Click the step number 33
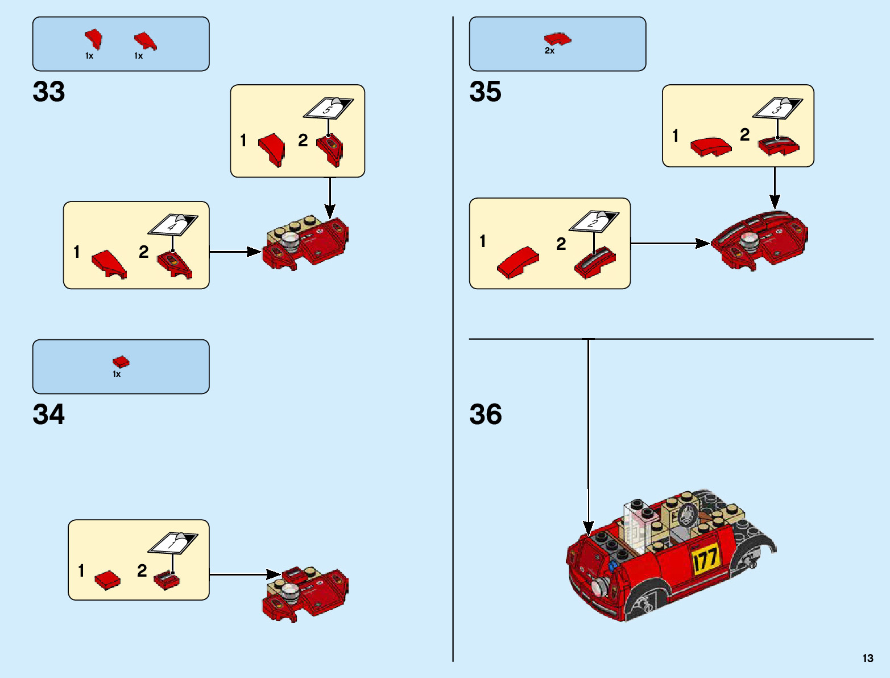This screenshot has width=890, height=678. click(49, 92)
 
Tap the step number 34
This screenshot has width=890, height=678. click(49, 414)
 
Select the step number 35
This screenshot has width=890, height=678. click(485, 92)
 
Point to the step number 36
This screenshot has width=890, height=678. click(485, 414)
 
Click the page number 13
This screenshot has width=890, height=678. click(867, 658)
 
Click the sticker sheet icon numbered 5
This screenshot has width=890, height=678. click(328, 108)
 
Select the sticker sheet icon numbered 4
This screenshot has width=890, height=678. click(173, 224)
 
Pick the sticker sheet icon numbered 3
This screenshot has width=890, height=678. click(777, 108)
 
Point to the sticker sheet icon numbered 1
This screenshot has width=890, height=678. click(173, 543)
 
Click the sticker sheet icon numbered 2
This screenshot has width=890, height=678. click(594, 221)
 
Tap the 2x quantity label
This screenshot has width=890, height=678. click(549, 51)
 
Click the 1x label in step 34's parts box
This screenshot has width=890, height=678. click(117, 374)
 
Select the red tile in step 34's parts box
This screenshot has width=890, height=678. click(121, 361)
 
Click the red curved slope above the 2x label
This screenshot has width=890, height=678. click(557, 39)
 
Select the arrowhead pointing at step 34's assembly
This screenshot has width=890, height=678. click(274, 574)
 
